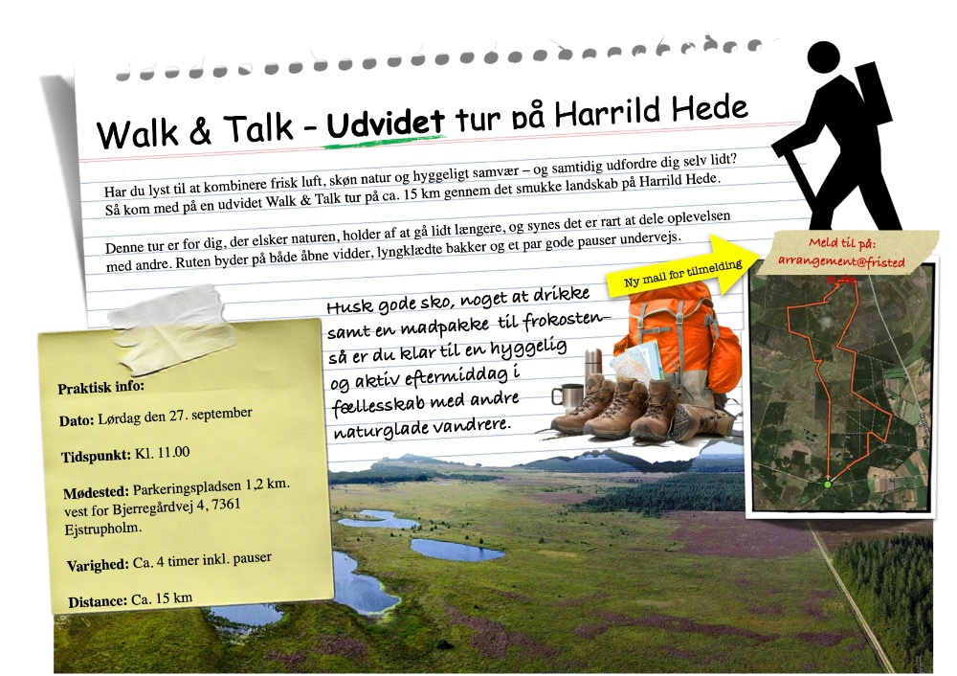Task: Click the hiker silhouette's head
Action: (823, 58)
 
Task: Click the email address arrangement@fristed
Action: (841, 261)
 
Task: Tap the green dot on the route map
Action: (828, 484)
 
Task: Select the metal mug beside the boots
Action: (567, 398)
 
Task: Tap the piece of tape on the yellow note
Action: (170, 327)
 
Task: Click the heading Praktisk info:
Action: (100, 387)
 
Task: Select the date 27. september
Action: (211, 415)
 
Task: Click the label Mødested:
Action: (96, 492)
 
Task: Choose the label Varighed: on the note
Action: (98, 566)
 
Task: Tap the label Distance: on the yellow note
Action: (98, 602)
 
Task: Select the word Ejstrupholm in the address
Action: (102, 529)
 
